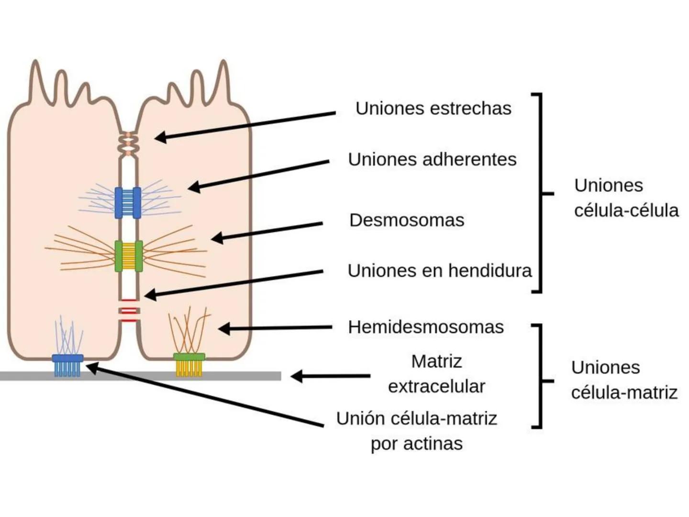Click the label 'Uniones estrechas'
433,108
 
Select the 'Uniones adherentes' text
432,159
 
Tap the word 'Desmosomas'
407,220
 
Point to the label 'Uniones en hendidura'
439,271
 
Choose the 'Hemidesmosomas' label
426,327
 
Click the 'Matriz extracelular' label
436,374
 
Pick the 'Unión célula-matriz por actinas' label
417,431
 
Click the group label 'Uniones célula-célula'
626,198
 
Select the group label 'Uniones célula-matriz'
624,380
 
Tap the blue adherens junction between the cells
128,202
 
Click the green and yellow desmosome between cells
128,256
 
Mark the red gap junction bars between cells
129,310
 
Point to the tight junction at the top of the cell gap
128,144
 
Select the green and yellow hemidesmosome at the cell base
189,365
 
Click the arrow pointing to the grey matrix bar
330,376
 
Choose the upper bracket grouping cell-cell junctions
541,193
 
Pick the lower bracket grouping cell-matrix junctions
541,376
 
